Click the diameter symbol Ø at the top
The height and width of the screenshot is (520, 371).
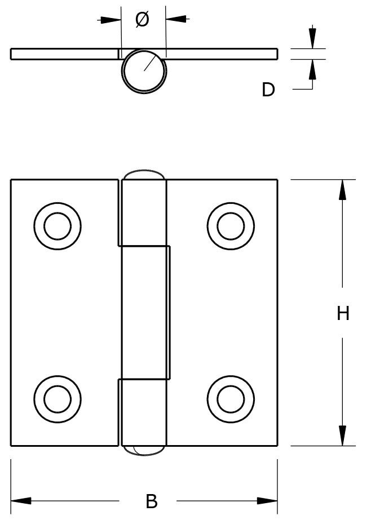143,19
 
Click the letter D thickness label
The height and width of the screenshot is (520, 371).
268,89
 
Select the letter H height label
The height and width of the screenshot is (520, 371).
343,313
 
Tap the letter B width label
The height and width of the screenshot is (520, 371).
151,501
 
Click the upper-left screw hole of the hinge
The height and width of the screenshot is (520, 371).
58,226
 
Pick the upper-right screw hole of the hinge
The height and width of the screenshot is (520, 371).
231,226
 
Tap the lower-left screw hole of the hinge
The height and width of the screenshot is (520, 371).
58,399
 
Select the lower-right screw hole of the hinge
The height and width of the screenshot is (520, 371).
231,399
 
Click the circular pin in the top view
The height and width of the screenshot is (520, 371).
144,70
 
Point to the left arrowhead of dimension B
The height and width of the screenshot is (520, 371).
21,501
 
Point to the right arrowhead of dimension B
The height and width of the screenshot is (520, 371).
267,501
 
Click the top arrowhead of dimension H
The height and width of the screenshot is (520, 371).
342,189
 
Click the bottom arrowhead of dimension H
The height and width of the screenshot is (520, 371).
342,435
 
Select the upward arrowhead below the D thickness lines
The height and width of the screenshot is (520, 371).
312,70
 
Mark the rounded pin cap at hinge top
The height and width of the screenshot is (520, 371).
144,175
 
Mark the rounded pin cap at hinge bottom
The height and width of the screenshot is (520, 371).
144,450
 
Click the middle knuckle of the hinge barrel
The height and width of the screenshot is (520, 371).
146,313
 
